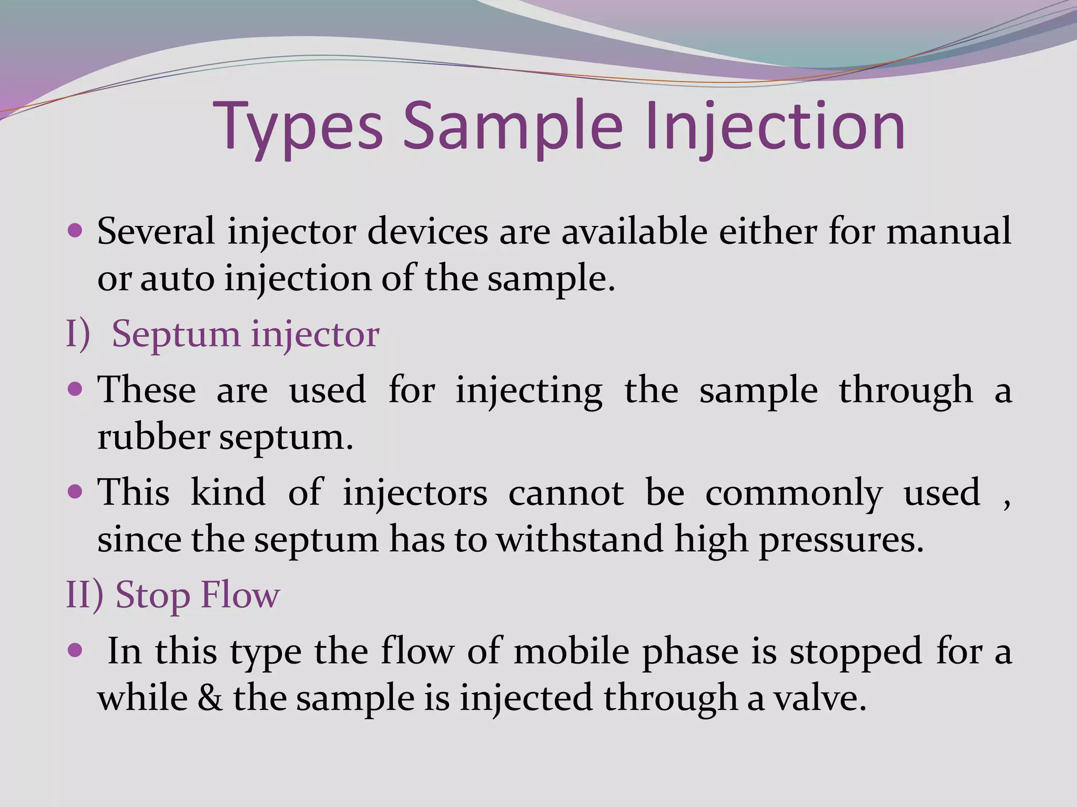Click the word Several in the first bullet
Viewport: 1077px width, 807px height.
156,231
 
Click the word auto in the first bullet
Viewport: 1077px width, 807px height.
177,278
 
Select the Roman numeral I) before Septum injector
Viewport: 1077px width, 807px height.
78,334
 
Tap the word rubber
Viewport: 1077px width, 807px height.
153,437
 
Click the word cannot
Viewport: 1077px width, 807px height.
566,493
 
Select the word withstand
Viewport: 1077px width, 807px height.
580,540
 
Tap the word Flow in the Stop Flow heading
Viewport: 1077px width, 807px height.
240,595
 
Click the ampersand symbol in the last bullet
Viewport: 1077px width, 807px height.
210,698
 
